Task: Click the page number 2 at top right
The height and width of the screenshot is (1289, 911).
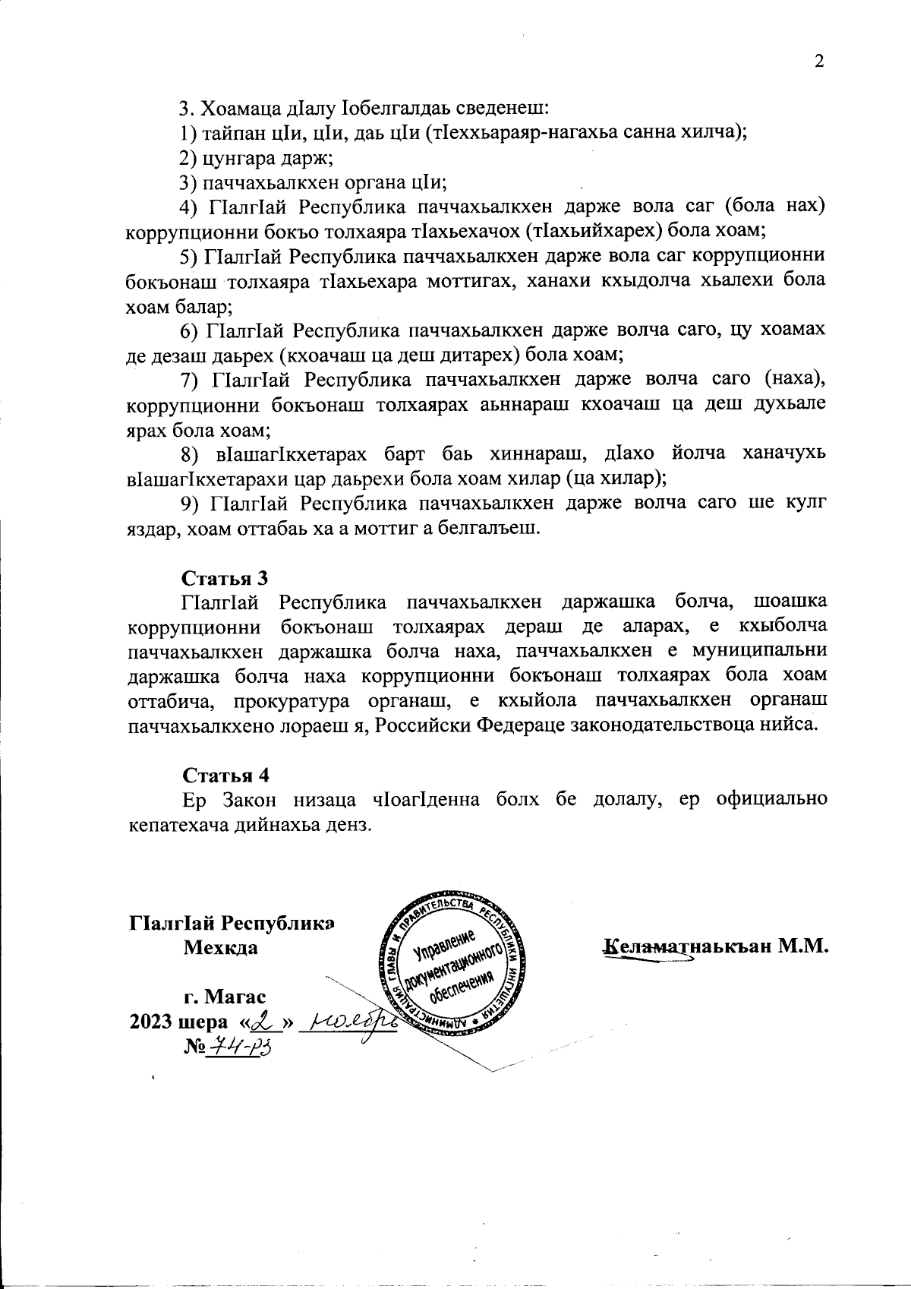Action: (819, 62)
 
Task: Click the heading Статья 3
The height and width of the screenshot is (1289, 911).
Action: (225, 577)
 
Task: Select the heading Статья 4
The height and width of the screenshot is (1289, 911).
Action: (225, 775)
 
